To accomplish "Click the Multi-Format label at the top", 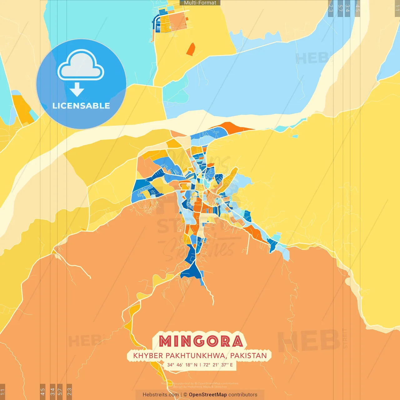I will (200, 3).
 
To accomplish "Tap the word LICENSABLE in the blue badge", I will (81, 106).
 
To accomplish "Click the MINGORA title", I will (201, 341).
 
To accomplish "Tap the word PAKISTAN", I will (248, 356).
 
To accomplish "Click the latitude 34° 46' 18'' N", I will (182, 365).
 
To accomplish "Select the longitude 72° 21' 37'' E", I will (218, 365).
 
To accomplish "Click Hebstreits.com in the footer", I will (161, 395).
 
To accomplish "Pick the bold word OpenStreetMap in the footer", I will (208, 395).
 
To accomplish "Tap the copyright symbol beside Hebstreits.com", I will (185, 395).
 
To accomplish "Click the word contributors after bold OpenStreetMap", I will (242, 395).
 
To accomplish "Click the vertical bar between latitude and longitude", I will (200, 365).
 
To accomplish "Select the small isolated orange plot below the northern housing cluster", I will (191, 49).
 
